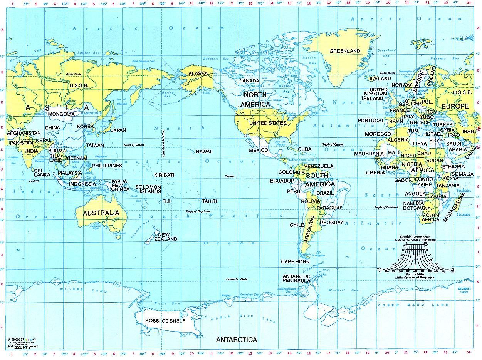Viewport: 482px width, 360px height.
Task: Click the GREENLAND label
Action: pos(344,51)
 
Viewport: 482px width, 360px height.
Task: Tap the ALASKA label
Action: pos(198,73)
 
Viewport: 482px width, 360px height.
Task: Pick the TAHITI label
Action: pos(210,201)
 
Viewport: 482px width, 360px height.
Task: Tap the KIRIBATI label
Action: pos(164,175)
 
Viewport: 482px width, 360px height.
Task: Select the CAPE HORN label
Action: pos(295,261)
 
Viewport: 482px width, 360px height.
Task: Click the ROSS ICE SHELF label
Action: pos(165,321)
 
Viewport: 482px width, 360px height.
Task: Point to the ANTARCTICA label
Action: pos(236,340)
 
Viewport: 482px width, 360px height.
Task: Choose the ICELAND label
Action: pos(380,79)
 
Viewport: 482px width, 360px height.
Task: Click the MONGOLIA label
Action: pos(61,114)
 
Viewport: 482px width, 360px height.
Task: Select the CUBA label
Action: pos(304,149)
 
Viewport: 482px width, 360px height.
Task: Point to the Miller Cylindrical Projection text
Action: pos(415,277)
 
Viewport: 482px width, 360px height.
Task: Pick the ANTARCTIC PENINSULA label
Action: pos(297,278)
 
